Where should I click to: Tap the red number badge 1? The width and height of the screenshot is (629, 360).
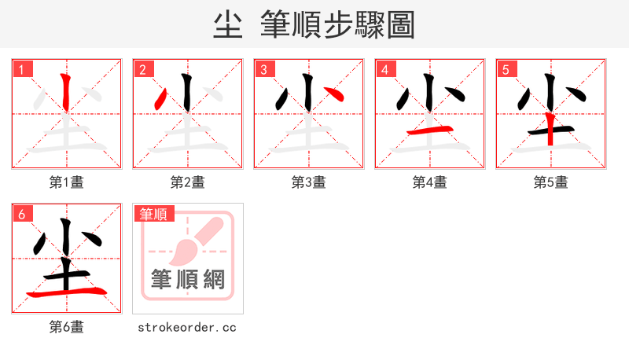pos(23,69)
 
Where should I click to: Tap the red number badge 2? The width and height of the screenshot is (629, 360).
pos(143,69)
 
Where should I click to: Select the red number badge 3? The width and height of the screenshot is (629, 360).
pos(264,69)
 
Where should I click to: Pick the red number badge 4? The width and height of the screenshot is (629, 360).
pos(385,69)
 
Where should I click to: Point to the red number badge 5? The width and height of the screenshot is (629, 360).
pos(506,69)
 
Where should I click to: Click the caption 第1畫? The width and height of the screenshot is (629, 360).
pos(67,182)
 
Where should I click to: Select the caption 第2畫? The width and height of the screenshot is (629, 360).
pos(188,182)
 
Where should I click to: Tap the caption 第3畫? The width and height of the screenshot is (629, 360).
pos(309,182)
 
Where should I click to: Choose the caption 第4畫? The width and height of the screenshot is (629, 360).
pos(430,182)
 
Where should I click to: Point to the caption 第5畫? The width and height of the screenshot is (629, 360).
pos(551,182)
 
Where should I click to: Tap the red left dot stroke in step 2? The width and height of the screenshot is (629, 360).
pos(161,99)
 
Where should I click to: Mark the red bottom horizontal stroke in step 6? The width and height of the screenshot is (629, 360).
pos(67,292)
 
